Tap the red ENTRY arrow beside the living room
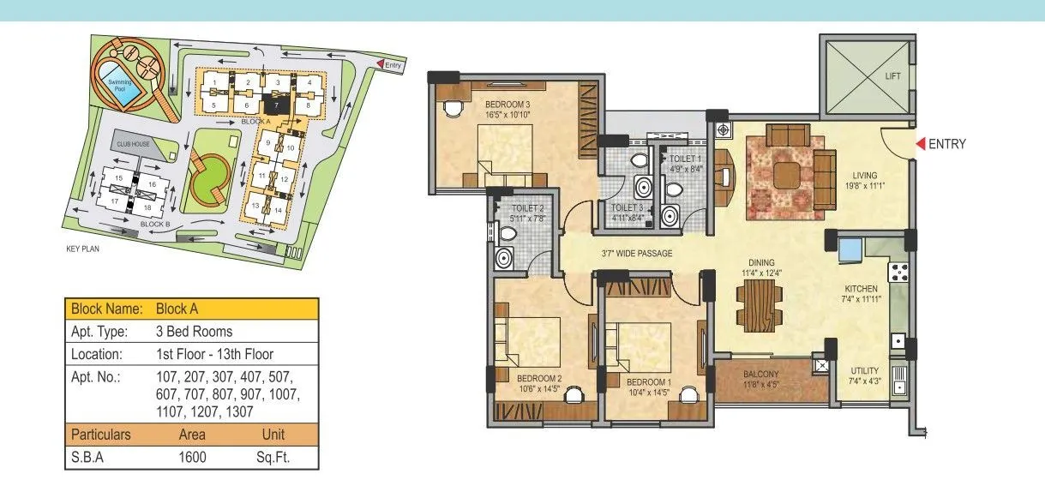[x=921, y=144]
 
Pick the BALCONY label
[x=760, y=375]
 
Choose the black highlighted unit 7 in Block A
[x=275, y=105]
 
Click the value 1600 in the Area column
[x=192, y=458]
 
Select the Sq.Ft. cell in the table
[x=273, y=458]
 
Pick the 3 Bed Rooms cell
[x=194, y=331]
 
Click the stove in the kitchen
[x=901, y=273]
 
